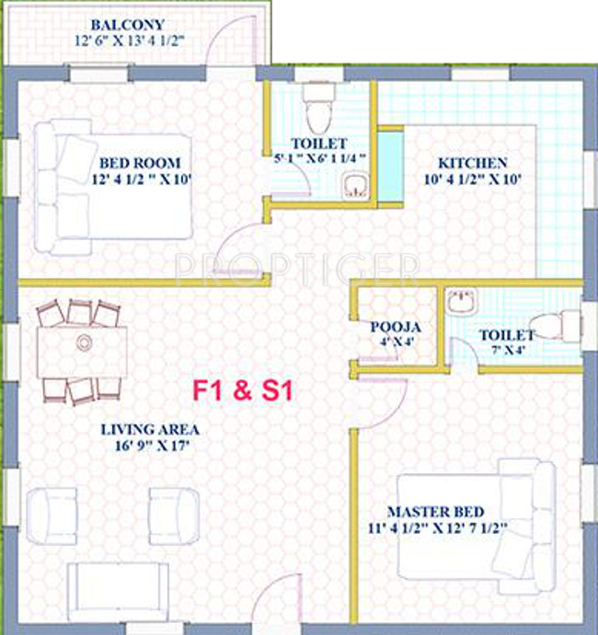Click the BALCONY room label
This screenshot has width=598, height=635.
point(127,25)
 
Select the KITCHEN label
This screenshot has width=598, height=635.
point(473,162)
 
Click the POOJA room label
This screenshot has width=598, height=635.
point(396,327)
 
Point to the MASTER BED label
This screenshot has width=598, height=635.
point(435,512)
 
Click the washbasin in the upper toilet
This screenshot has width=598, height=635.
point(355,186)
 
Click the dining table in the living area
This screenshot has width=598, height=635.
point(81,351)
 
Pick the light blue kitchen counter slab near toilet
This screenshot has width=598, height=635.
point(390,167)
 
